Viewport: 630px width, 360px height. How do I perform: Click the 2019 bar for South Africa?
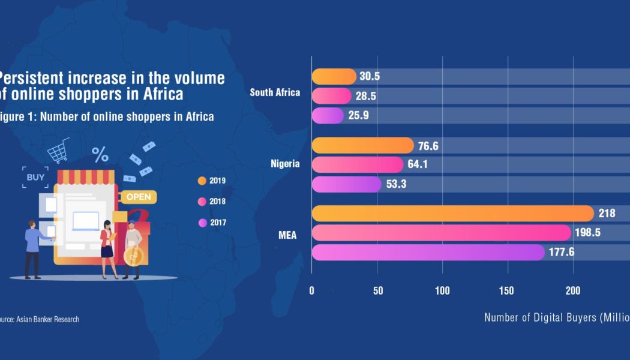[334, 77]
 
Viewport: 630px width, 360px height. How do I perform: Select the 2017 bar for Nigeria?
[346, 184]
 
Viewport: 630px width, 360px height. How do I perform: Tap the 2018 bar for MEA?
[441, 232]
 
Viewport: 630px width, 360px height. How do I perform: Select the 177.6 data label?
[562, 252]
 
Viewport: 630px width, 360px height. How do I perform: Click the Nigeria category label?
[286, 164]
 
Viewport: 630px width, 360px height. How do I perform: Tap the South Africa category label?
[275, 92]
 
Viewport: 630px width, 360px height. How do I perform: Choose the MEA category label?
[287, 234]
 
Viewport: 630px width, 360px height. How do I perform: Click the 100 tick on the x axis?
[443, 291]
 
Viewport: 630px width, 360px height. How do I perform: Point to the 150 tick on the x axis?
[508, 291]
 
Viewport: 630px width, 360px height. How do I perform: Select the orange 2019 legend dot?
[202, 180]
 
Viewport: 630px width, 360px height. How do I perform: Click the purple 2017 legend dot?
[202, 223]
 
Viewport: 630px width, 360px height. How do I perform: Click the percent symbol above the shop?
[100, 155]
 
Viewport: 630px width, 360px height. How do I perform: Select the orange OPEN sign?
[139, 197]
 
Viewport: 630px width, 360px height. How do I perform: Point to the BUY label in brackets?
[35, 177]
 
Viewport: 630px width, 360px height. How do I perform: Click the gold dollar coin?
[133, 256]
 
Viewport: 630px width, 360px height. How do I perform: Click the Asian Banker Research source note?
[40, 319]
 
